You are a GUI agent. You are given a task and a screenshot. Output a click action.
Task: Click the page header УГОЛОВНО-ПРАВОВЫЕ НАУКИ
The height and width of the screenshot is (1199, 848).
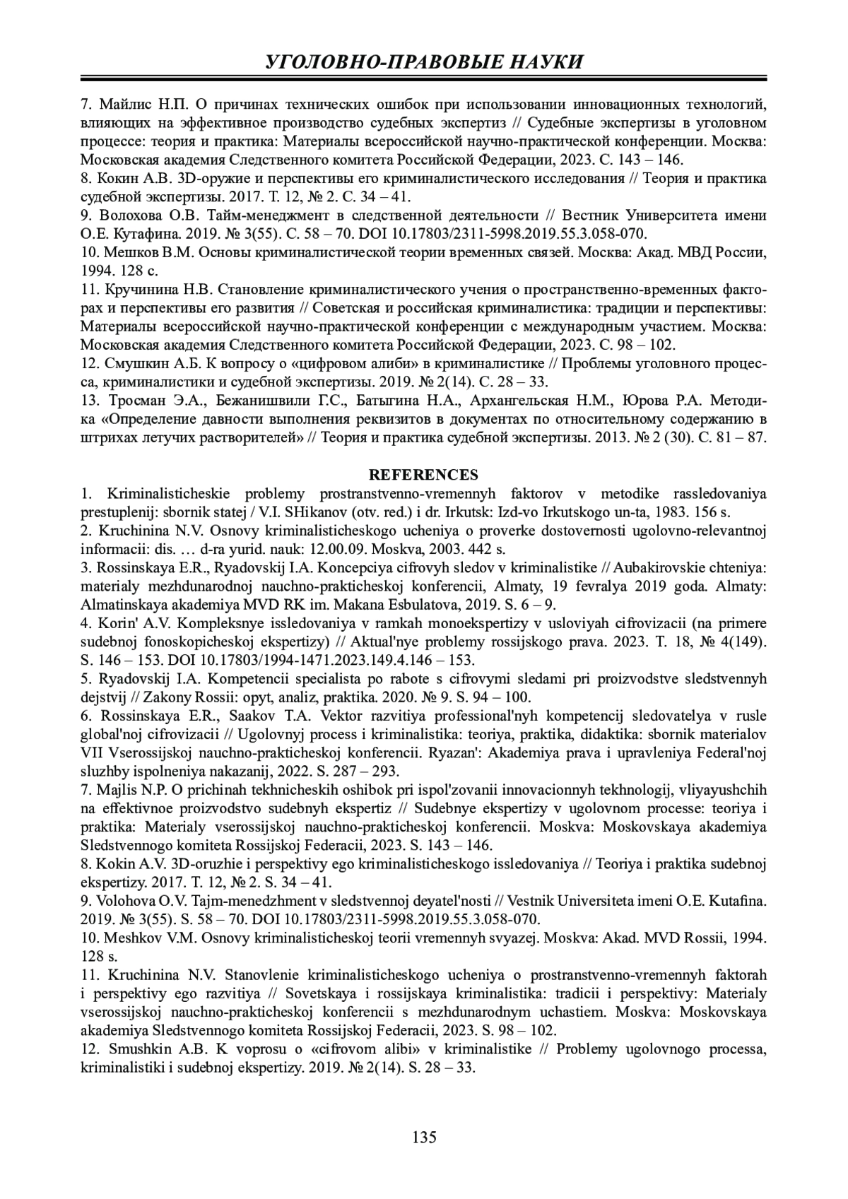tap(424, 61)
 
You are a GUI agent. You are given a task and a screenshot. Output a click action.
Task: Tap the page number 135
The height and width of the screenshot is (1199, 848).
tap(424, 1137)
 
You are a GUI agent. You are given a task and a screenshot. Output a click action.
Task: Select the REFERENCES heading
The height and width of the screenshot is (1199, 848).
tap(424, 474)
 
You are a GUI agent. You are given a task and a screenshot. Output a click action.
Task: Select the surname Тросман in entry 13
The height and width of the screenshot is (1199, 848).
tap(130, 401)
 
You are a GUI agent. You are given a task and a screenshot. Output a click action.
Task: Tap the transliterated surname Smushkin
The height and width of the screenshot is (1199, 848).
tap(134, 1049)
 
